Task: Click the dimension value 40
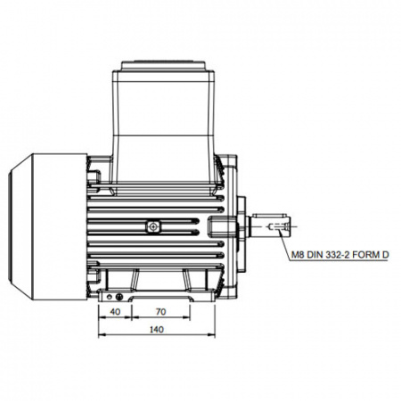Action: (x=115, y=312)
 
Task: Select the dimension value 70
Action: (x=160, y=312)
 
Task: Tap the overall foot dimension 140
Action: (x=157, y=330)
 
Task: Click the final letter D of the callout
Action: (x=385, y=255)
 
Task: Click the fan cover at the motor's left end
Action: (x=48, y=226)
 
